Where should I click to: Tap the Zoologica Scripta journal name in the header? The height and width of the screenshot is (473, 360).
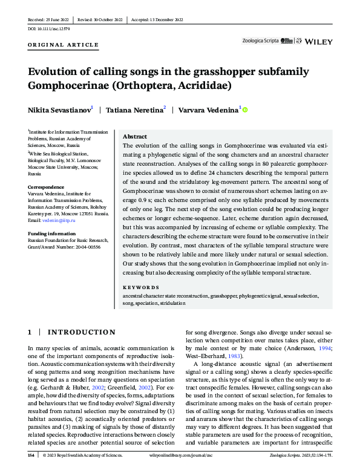tap(260, 41)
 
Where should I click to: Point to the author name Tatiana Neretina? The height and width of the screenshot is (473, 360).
tap(135, 110)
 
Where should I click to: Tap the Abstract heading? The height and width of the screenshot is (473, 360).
tap(135, 137)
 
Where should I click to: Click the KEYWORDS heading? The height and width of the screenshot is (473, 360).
tap(139, 289)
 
